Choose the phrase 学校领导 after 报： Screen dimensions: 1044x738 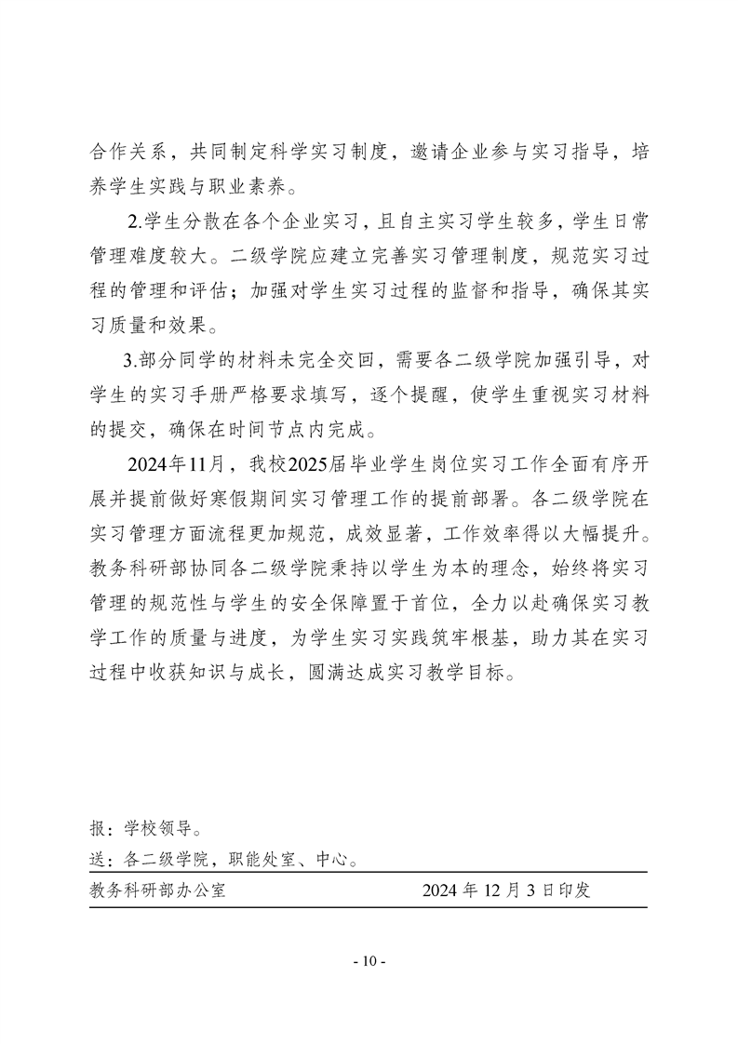tap(154, 827)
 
